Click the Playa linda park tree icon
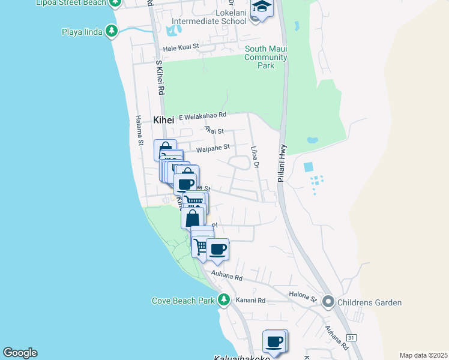coord(111,31)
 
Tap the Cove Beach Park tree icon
coord(224,299)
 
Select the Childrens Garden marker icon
coord(328,302)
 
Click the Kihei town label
coord(163,119)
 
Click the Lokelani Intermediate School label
coord(209,17)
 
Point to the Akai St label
coord(213,130)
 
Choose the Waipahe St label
coord(213,147)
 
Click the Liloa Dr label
coord(255,157)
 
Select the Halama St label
coord(139,130)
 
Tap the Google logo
coord(20,353)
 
